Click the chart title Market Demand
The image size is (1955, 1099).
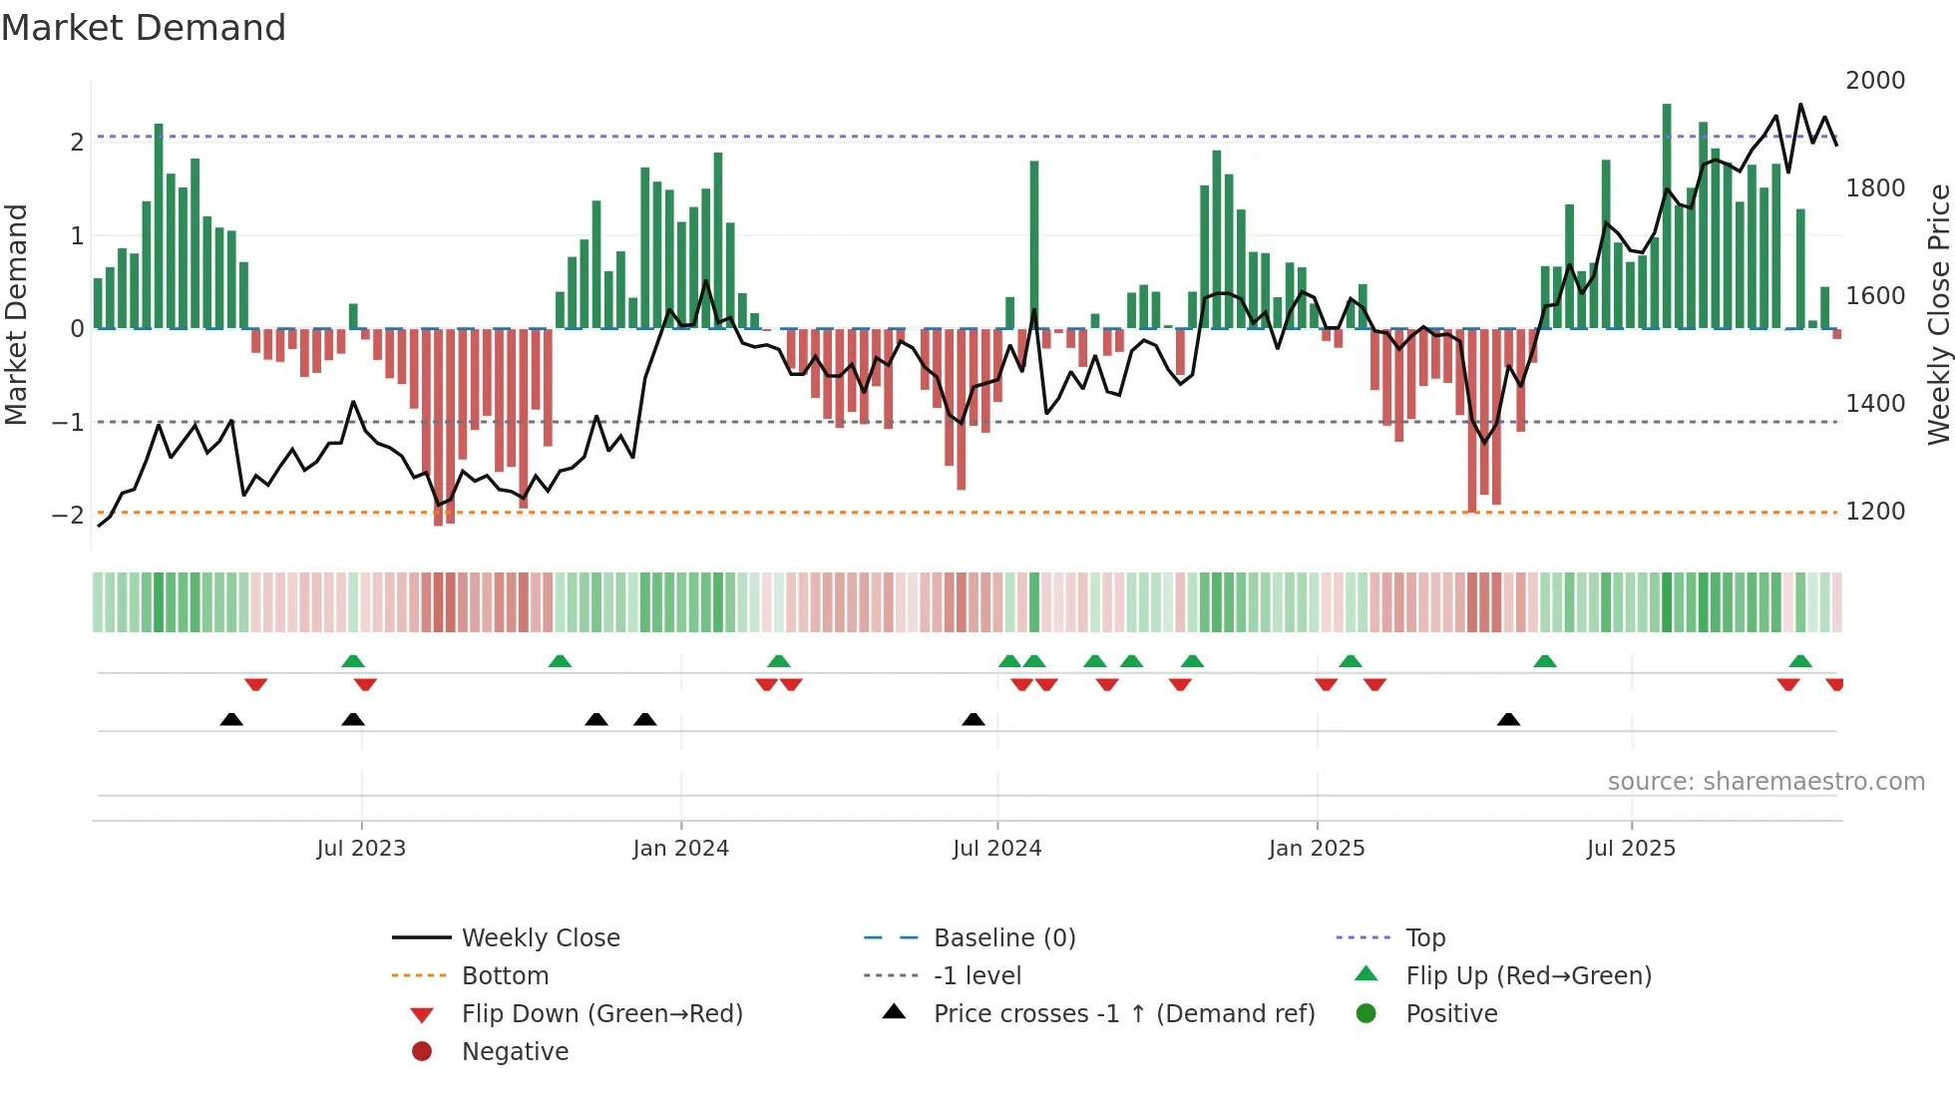[144, 28]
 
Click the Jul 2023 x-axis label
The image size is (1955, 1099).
[361, 849]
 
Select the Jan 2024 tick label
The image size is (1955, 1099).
[680, 849]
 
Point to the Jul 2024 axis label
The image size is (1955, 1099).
[996, 849]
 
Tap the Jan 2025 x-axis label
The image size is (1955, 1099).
[1317, 849]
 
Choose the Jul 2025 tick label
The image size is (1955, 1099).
[1631, 849]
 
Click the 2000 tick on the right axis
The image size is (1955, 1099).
[1874, 81]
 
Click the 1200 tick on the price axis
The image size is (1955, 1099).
[1874, 512]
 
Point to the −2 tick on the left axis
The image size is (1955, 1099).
[68, 516]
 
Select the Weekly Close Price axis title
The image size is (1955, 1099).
[1938, 314]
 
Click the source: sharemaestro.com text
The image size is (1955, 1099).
[1765, 782]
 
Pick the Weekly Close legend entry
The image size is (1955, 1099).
[540, 938]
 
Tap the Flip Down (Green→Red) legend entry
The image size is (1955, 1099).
[601, 1014]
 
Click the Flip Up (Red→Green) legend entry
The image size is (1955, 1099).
[1528, 976]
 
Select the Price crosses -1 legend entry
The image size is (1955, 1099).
[1123, 1014]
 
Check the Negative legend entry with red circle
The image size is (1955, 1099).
[515, 1052]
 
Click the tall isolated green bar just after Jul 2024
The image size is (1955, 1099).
[1034, 244]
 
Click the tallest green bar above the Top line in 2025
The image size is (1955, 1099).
[1667, 214]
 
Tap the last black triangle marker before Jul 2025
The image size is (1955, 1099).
[1508, 720]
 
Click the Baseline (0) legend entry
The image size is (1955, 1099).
[1003, 938]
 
